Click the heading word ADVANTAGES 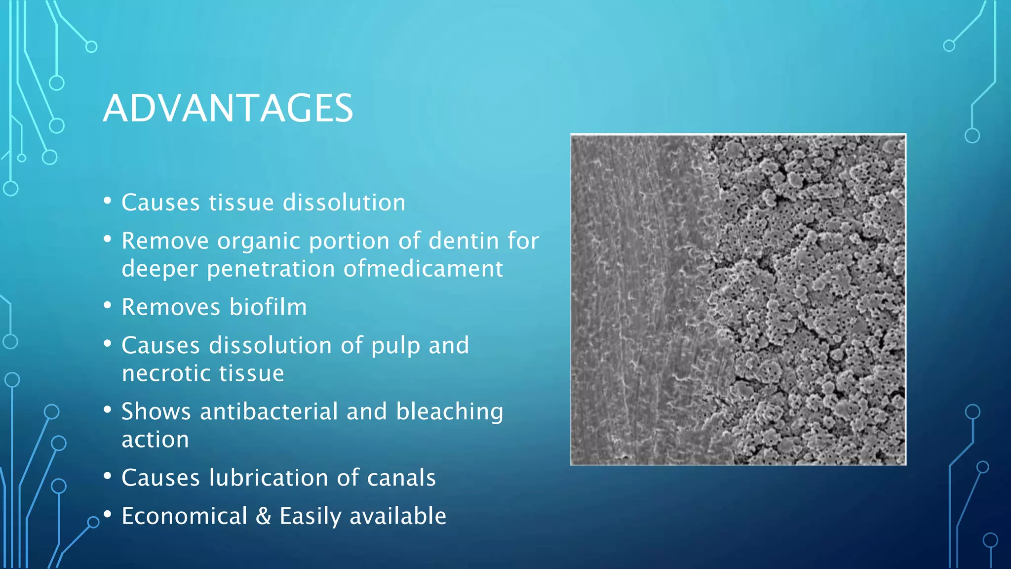click(x=228, y=108)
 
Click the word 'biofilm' click(x=268, y=307)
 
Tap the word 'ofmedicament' click(x=423, y=269)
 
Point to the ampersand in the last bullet click(x=264, y=516)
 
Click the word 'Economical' click(x=185, y=516)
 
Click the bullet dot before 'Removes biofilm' click(x=108, y=305)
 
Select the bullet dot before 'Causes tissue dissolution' click(x=108, y=201)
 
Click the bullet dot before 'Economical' click(x=108, y=514)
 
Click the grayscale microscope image click(x=738, y=299)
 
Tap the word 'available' click(x=397, y=516)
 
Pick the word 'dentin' click(x=464, y=241)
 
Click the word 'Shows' click(x=156, y=411)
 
